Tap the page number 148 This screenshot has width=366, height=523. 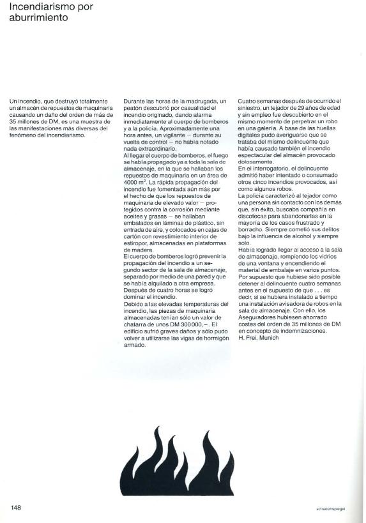pyautogui.click(x=16, y=507)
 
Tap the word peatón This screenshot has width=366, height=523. pyautogui.click(x=134, y=108)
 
